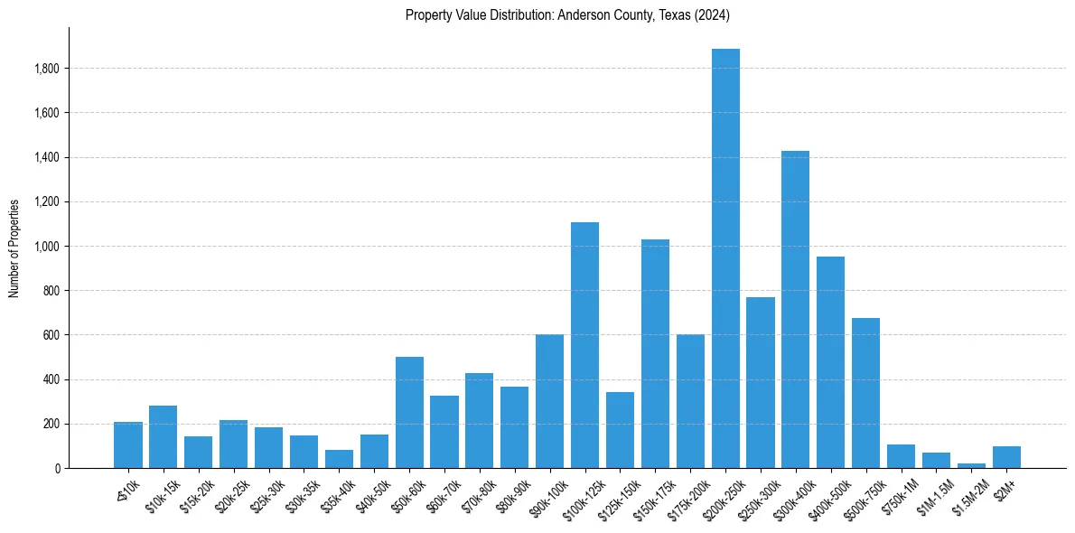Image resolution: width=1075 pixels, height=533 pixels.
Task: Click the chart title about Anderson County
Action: click(567, 15)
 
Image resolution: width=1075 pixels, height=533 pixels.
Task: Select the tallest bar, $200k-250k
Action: click(725, 258)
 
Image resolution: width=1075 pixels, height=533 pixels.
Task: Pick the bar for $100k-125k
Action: click(584, 345)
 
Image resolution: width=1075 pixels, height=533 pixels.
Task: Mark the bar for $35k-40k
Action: click(339, 459)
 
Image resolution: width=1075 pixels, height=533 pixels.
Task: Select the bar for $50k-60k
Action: click(409, 412)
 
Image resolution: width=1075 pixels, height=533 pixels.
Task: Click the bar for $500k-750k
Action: click(865, 393)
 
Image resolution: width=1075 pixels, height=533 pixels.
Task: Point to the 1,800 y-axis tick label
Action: click(47, 69)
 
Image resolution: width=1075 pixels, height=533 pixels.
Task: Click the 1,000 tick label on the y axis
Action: click(47, 247)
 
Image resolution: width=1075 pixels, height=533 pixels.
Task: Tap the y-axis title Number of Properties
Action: click(14, 248)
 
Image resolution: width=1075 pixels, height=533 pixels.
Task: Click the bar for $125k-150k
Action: click(620, 430)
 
